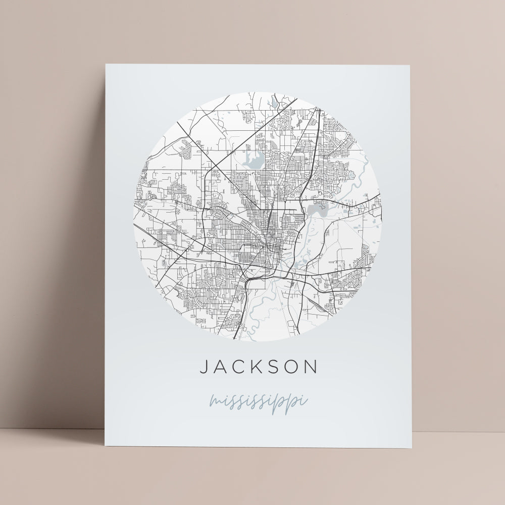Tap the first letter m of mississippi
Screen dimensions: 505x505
pyautogui.click(x=216, y=402)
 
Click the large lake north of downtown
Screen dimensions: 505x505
pyautogui.click(x=252, y=160)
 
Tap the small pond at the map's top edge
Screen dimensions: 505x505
pyautogui.click(x=274, y=103)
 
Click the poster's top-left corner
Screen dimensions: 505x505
pyautogui.click(x=106, y=65)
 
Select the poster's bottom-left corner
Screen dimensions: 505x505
pyautogui.click(x=105, y=446)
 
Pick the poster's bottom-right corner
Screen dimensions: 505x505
pyautogui.click(x=411, y=448)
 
